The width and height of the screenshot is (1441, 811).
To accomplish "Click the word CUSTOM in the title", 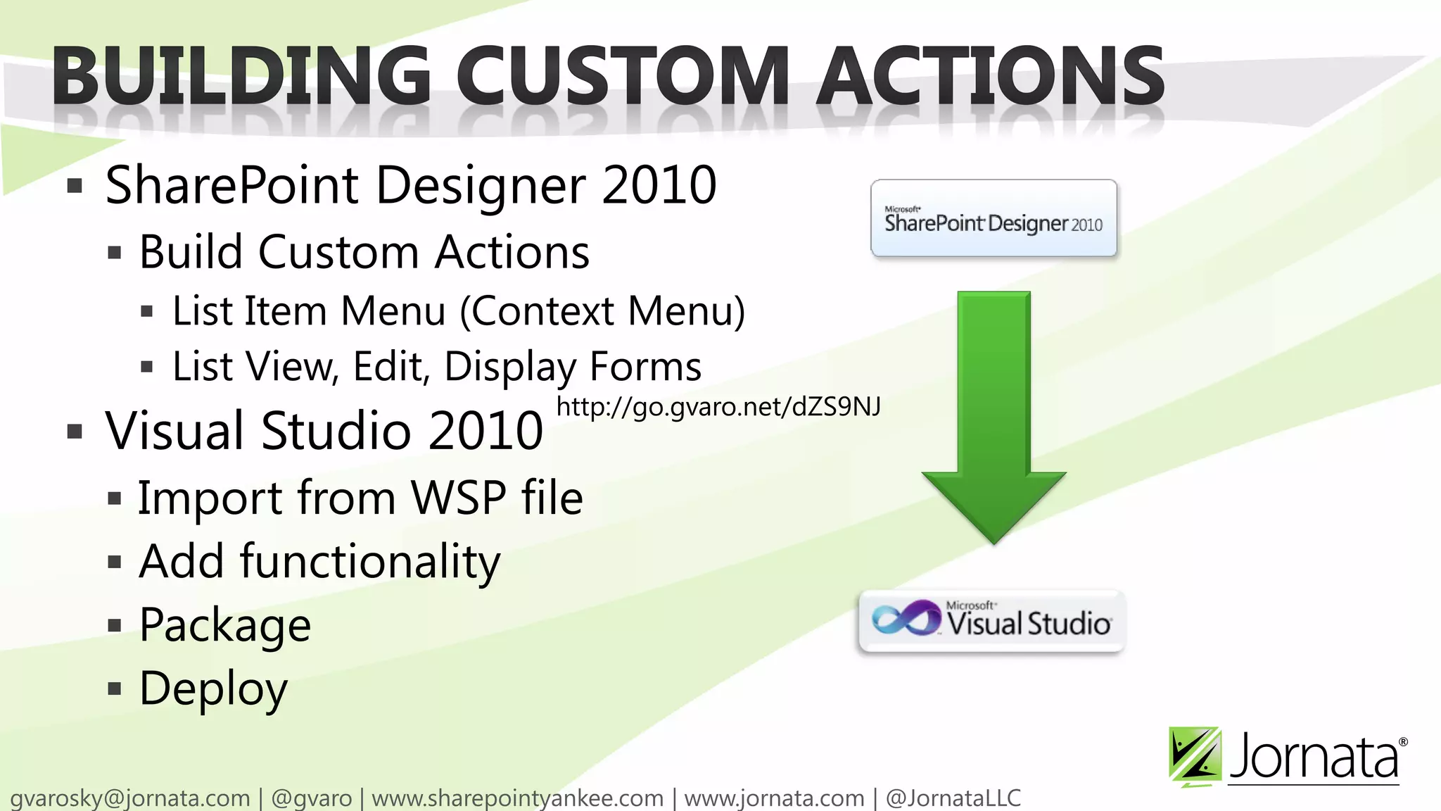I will [x=623, y=76].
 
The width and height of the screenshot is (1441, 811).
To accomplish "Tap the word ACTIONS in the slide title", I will [x=990, y=76].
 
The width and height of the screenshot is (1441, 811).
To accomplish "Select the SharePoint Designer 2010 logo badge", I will [x=994, y=218].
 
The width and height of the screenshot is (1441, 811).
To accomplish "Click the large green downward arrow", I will [x=994, y=415].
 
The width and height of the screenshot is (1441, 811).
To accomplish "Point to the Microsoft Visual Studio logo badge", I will [x=992, y=622].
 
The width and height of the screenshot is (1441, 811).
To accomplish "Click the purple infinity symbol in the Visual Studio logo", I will [x=906, y=618].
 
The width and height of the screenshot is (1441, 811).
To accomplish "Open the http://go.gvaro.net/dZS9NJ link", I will [x=718, y=407].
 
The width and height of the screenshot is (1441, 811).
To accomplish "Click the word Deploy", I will [x=213, y=689].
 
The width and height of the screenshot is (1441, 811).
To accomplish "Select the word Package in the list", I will [x=225, y=625].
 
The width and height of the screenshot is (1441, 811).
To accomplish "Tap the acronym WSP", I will [x=458, y=498].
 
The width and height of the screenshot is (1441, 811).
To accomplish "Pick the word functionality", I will [x=369, y=562].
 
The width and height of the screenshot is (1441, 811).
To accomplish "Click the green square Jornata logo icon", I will [x=1194, y=755].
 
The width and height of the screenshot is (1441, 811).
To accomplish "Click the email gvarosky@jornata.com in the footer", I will [x=130, y=798].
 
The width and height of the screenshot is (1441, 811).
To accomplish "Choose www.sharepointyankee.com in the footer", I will [x=517, y=798].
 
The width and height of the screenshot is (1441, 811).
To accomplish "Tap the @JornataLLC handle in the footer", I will [x=953, y=798].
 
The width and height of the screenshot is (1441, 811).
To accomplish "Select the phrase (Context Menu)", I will [x=602, y=311].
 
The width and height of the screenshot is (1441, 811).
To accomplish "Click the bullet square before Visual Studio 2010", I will [x=75, y=431].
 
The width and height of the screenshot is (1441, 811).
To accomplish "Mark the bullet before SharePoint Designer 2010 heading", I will [x=75, y=186].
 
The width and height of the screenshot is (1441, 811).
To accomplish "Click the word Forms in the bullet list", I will [x=645, y=367].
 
